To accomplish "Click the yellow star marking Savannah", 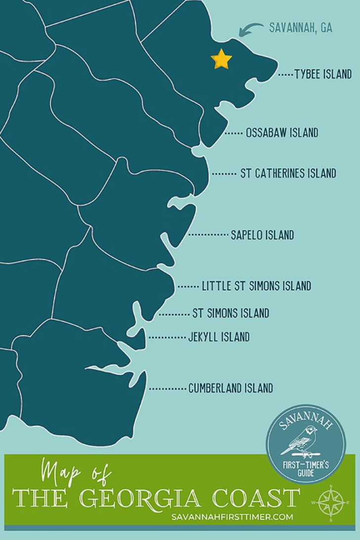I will tap(222, 60).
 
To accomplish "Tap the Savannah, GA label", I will tap(300, 28).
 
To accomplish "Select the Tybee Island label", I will tap(323, 75).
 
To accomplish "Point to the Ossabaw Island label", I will tap(282, 133).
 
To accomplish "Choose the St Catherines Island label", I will tap(288, 173).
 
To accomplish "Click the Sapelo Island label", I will tap(262, 235).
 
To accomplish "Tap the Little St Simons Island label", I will tap(256, 286).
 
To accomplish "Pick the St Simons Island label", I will tap(230, 313).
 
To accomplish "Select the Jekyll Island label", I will tap(219, 337).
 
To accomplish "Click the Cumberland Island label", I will tap(230, 388).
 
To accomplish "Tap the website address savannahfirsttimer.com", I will tap(232, 517).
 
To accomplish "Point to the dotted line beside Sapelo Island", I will tap(208, 235).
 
